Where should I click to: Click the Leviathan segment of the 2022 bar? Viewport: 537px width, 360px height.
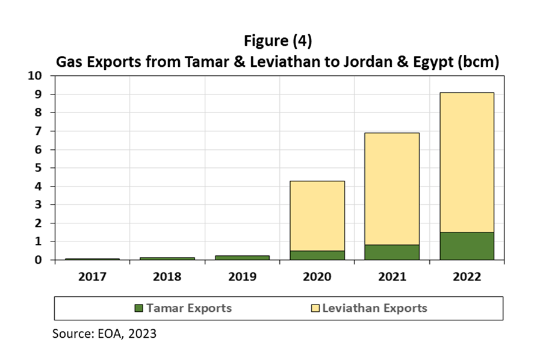[x=467, y=162]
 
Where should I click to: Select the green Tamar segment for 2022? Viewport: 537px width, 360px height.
[x=467, y=246]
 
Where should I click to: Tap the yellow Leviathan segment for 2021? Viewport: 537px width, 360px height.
[x=391, y=188]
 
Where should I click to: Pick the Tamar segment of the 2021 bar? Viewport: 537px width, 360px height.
[x=391, y=252]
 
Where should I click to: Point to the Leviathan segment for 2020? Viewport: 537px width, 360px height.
[x=317, y=216]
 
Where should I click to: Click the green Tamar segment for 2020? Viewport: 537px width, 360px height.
[x=317, y=255]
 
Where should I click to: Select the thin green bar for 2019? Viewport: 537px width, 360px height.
[x=242, y=258]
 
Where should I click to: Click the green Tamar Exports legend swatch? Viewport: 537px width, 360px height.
[x=138, y=308]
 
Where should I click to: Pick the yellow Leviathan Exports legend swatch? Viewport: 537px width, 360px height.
[x=315, y=308]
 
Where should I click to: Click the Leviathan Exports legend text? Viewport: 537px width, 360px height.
[x=374, y=308]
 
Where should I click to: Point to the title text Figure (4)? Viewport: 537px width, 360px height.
[x=278, y=41]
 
